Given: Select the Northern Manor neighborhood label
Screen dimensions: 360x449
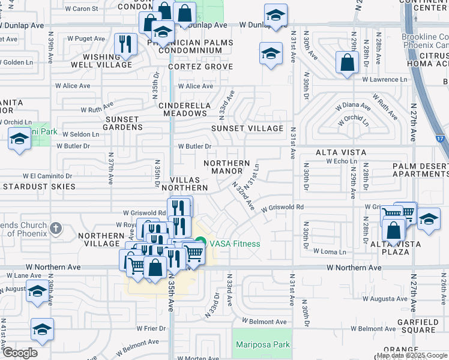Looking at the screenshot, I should (x=227, y=167).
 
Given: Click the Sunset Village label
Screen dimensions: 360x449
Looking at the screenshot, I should (x=247, y=128).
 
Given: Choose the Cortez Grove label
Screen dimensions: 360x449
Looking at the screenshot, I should (x=200, y=67).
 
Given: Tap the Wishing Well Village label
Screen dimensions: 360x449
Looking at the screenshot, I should (x=108, y=61).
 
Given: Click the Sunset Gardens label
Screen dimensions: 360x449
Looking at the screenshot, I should (x=124, y=123).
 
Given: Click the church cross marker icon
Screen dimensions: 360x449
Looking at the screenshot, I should (x=55, y=227).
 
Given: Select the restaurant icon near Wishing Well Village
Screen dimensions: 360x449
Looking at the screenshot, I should (x=126, y=44).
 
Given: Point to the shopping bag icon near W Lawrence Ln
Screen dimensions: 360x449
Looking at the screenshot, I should (x=347, y=62).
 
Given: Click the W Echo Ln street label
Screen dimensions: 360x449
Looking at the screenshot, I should (x=341, y=161).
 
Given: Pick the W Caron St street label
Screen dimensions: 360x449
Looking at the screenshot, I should (x=81, y=9).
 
